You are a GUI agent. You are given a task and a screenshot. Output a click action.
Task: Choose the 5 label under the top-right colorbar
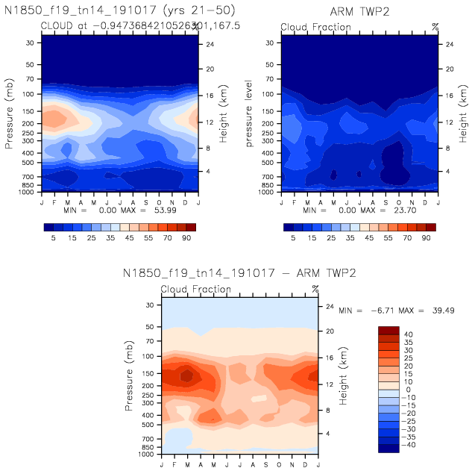pos(292,237)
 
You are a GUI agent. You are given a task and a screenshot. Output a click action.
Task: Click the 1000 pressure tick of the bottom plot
pos(146,454)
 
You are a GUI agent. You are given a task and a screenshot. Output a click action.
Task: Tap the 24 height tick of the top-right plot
pos(450,44)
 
